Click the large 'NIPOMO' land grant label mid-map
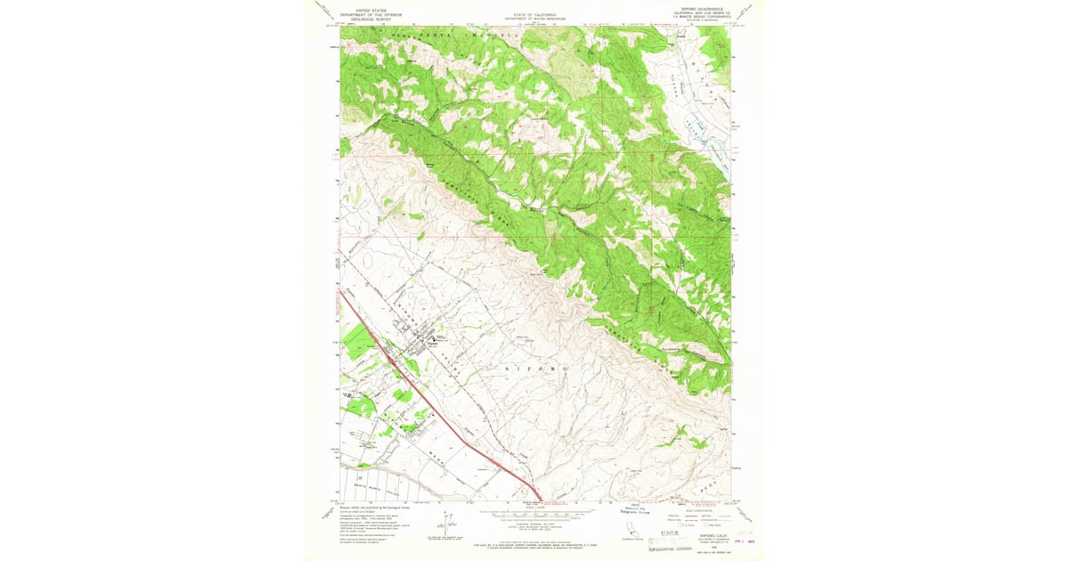(534, 367)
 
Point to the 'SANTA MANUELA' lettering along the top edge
(445, 35)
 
